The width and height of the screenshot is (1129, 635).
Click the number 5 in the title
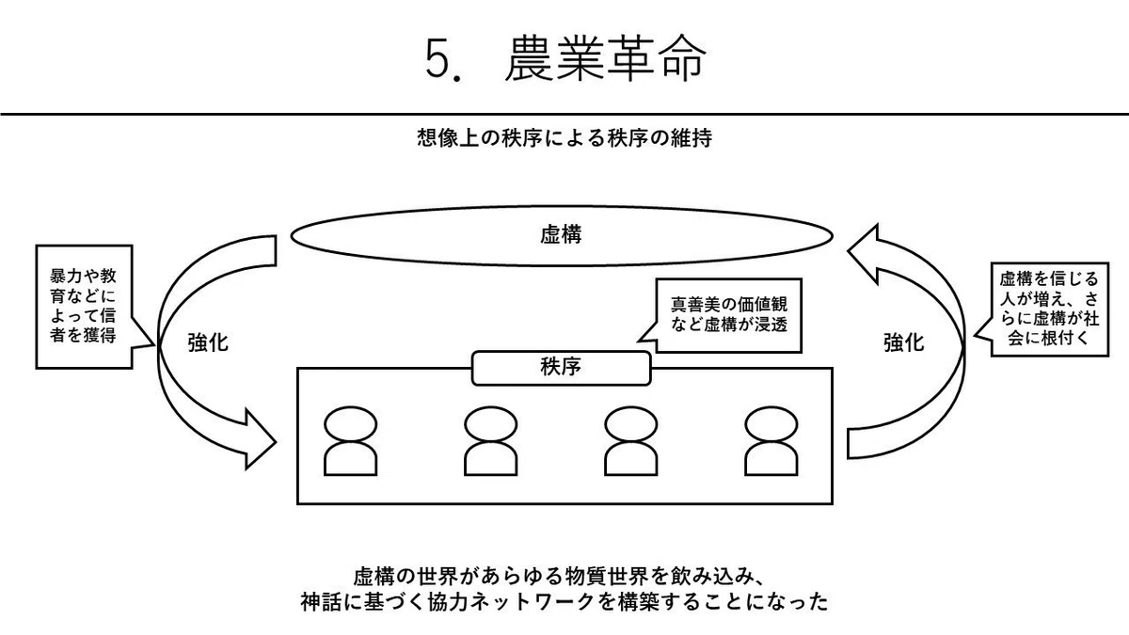(438, 59)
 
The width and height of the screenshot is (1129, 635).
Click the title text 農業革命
(605, 58)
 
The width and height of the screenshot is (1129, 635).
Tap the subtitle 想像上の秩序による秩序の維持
(564, 137)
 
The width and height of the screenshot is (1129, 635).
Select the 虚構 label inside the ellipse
(561, 235)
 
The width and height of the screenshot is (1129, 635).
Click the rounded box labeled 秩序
(561, 368)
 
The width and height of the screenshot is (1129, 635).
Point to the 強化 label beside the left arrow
(208, 342)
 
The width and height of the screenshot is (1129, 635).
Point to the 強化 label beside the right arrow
(904, 342)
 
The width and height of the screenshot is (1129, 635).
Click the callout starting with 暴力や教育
(84, 307)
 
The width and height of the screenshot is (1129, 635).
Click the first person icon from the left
(350, 441)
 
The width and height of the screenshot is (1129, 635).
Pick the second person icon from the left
(490, 441)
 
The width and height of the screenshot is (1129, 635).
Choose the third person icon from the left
(630, 441)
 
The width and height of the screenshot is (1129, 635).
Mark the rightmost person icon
(771, 441)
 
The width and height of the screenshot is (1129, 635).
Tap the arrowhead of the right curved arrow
(863, 252)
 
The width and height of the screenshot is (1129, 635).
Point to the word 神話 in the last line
(321, 602)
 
